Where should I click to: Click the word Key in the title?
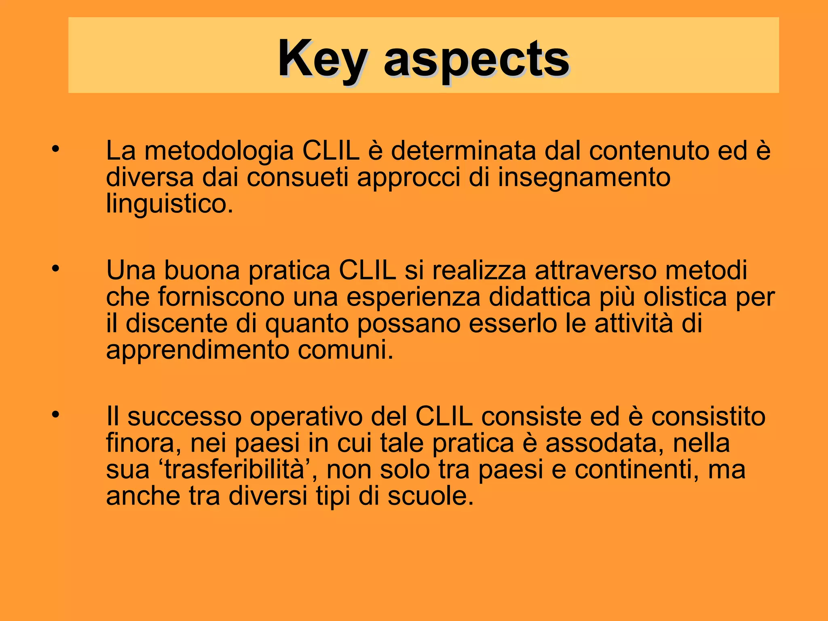[x=323, y=60]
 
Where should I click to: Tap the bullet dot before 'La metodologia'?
[x=55, y=149]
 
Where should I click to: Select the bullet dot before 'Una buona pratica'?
[x=55, y=268]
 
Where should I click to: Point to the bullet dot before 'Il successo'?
[x=55, y=414]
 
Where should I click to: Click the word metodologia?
[x=219, y=151]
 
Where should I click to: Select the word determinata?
[x=463, y=150]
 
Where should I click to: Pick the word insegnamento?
[x=584, y=178]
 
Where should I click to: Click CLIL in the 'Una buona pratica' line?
[x=367, y=270]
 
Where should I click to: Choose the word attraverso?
[x=596, y=270]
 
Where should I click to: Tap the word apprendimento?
[x=198, y=350]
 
